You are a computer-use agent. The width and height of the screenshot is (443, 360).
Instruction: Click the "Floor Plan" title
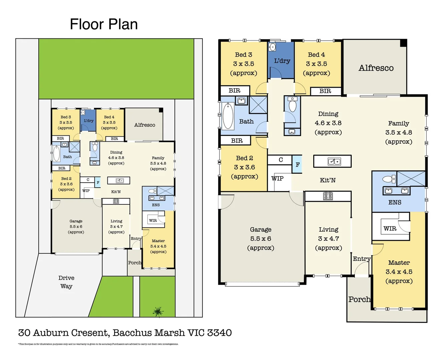pos(104,24)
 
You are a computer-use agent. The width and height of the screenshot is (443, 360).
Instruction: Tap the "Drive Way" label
pos(66,282)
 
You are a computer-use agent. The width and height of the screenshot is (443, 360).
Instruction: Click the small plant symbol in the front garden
pos(158,312)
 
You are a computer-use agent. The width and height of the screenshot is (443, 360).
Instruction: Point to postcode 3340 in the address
pos(219,333)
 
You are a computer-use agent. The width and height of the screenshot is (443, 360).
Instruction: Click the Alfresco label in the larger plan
pos(376,68)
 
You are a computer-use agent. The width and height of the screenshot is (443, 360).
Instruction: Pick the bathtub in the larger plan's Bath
pos(228,116)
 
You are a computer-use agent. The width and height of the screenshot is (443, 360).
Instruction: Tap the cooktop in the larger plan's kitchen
pos(328,196)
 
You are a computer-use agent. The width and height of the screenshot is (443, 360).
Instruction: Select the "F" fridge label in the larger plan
pos(298,165)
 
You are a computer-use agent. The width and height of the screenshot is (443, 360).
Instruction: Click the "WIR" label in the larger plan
pos(390,229)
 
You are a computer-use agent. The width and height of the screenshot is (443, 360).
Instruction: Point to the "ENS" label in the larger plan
pos(395,202)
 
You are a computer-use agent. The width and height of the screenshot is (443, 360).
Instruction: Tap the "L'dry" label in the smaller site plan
pos(88,121)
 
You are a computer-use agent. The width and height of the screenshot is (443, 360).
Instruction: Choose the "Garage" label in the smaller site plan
pos(76,221)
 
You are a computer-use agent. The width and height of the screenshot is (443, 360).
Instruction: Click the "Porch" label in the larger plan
pos(359,299)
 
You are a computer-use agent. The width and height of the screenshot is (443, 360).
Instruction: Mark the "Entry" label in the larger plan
pos(362,259)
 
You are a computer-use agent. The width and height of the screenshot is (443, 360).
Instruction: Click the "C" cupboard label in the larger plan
pos(281,160)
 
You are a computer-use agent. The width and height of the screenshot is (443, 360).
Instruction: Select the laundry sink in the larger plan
pos(272,47)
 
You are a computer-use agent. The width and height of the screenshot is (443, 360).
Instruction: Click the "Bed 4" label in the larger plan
pos(316,55)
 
